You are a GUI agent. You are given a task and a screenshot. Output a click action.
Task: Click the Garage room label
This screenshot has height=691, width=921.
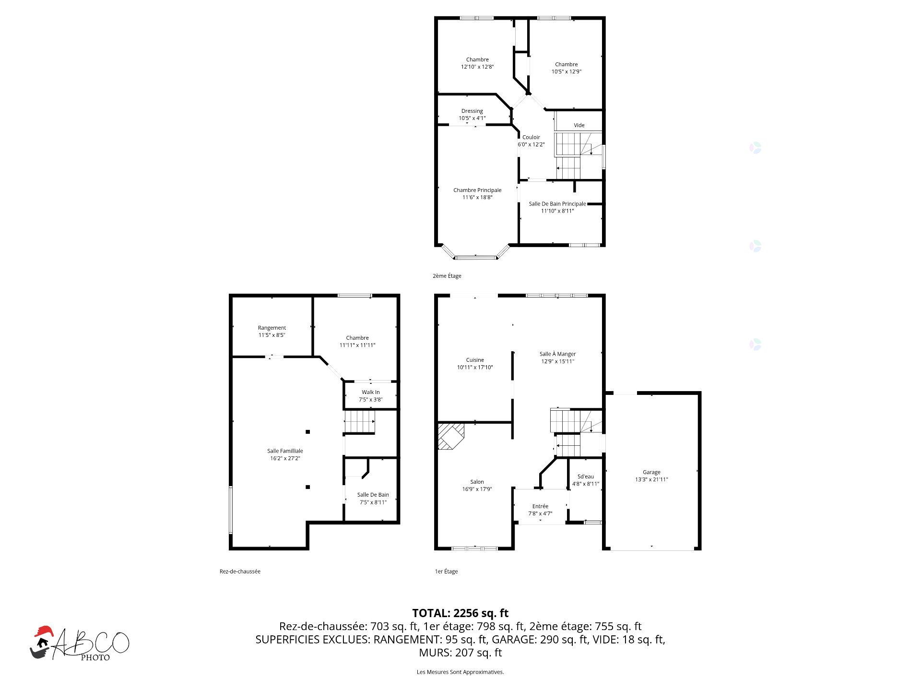[x=651, y=472]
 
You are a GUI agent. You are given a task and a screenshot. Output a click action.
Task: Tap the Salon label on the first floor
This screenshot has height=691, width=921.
[x=477, y=482]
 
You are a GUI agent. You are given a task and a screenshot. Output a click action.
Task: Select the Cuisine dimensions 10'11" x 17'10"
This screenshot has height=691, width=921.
[x=475, y=367]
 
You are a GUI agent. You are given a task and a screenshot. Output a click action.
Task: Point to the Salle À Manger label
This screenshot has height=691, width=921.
[x=557, y=354]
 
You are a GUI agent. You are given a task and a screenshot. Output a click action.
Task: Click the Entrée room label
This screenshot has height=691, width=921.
[x=540, y=506]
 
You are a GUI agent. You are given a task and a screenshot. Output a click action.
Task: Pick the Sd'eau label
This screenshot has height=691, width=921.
[x=586, y=477]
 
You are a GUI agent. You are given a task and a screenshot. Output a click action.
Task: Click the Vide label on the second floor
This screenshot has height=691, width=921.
[x=579, y=125]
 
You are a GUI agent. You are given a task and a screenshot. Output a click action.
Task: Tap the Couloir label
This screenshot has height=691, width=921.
[x=531, y=137]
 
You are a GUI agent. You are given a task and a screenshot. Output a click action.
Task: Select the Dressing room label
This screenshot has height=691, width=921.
[x=472, y=111]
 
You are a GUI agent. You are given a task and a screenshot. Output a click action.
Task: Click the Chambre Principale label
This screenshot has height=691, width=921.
[x=477, y=190]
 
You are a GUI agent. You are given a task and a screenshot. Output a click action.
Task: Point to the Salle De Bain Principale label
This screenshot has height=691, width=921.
[x=557, y=204]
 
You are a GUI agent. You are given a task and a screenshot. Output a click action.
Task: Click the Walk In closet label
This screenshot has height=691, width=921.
[x=371, y=392]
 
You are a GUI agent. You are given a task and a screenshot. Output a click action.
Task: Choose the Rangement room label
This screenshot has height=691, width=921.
[x=272, y=328]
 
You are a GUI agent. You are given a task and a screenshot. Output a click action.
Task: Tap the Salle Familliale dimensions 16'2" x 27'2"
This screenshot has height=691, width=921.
[x=285, y=458]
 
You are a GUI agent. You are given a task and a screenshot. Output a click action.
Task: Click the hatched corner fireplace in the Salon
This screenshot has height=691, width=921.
[x=450, y=436]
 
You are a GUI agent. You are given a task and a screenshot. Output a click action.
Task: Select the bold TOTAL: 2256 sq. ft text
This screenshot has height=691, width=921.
[x=460, y=613]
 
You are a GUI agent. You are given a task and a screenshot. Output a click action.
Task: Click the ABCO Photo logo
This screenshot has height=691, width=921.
[x=80, y=643]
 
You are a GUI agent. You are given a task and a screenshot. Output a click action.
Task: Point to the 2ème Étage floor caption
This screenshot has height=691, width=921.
[x=447, y=276]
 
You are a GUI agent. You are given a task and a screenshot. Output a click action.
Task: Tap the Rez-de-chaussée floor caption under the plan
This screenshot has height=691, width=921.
[x=240, y=572]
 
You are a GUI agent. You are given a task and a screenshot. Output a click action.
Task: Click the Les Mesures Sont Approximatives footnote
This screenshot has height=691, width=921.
[x=460, y=672]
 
